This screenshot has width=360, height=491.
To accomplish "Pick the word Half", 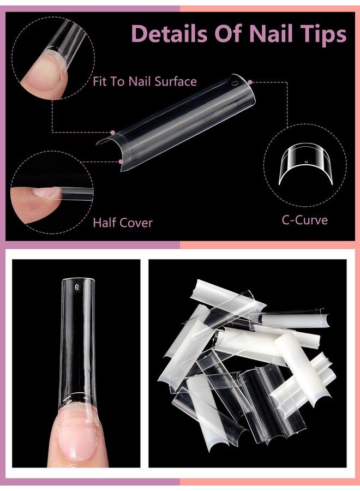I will (105, 223).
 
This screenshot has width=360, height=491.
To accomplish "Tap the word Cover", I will (136, 223).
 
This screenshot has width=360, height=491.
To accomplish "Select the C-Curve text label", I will (304, 220).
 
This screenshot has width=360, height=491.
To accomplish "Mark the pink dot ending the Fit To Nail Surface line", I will (112, 132).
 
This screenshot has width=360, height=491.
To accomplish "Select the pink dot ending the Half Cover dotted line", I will (120, 161).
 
